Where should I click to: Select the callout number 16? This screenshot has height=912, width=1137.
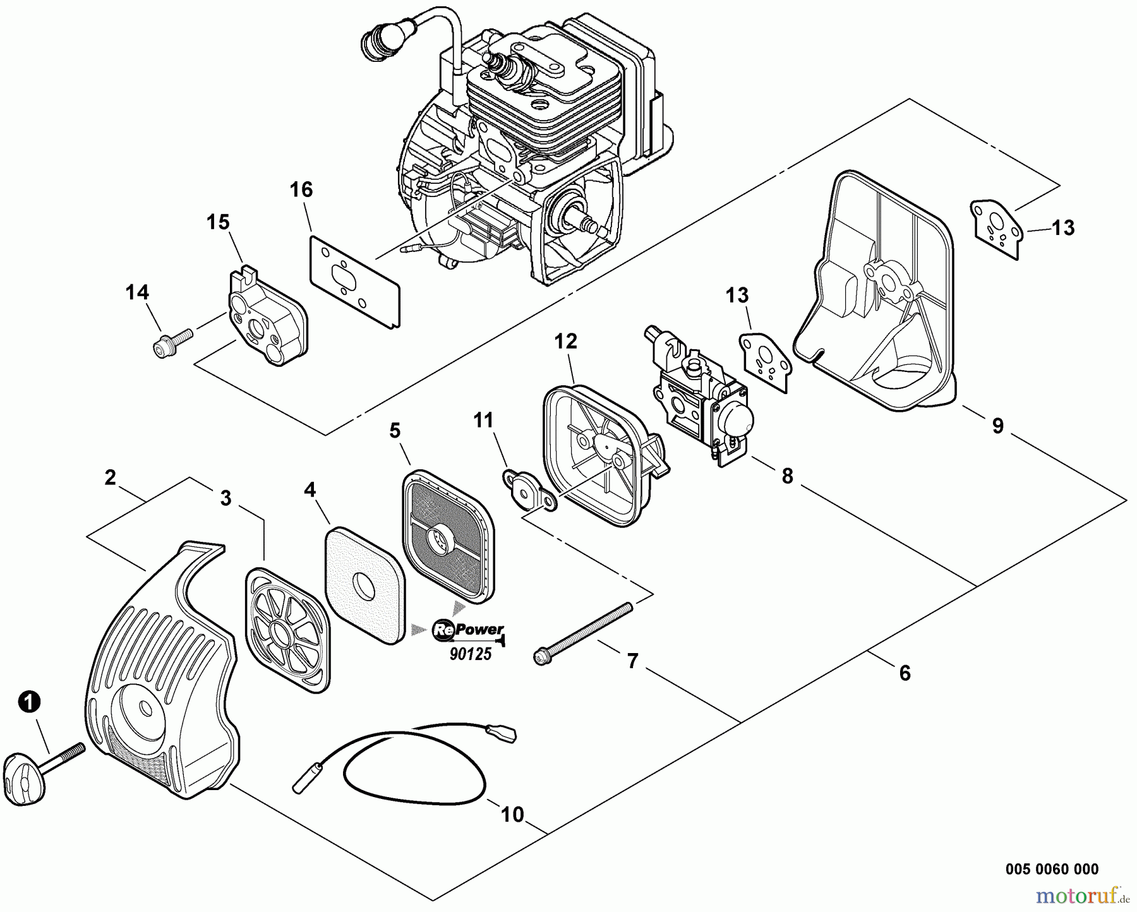301,189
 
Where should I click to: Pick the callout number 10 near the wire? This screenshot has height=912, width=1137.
512,815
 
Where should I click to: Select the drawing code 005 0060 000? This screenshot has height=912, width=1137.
1052,870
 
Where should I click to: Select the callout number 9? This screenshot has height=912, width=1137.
997,426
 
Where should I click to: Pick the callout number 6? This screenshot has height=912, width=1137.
905,673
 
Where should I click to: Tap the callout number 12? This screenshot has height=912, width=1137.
565,342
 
